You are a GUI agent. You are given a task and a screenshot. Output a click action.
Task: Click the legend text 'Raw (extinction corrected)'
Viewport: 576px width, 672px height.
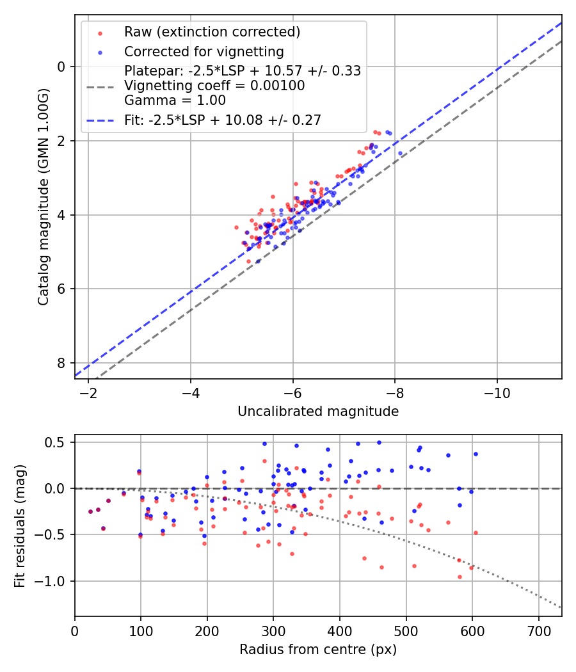(x=212, y=32)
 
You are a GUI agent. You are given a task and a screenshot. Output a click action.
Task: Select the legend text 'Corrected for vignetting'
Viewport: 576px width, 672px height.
(x=204, y=51)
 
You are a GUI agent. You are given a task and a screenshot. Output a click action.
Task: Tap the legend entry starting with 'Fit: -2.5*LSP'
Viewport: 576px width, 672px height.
(x=222, y=120)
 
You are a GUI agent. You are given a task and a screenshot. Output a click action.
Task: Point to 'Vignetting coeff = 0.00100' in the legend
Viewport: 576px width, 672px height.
(x=214, y=86)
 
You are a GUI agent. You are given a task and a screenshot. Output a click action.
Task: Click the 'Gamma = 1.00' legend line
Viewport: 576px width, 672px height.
(x=175, y=100)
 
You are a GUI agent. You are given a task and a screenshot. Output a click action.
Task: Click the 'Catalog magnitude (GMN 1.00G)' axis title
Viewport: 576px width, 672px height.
(x=43, y=196)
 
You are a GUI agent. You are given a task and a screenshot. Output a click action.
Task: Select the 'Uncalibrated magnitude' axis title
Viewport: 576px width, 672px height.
(x=318, y=412)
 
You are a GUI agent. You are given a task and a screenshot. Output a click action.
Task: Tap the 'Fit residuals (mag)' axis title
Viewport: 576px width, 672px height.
(x=20, y=525)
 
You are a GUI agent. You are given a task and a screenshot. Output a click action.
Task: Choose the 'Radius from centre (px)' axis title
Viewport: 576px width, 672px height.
(x=318, y=650)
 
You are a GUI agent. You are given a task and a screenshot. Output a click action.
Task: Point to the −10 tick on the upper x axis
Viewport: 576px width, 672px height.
(x=497, y=392)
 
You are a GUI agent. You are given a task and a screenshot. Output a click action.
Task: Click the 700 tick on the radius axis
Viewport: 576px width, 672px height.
(x=538, y=630)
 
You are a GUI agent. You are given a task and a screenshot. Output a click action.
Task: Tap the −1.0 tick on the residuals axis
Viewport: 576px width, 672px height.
(x=54, y=581)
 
